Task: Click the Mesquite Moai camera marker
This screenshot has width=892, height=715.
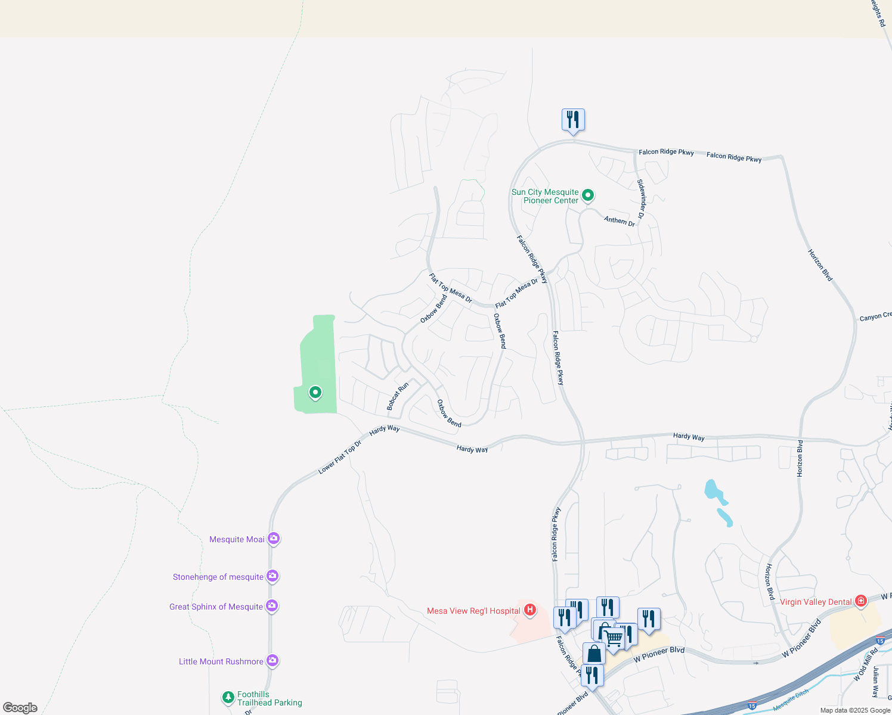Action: [274, 539]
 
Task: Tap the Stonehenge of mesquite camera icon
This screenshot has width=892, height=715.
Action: [272, 576]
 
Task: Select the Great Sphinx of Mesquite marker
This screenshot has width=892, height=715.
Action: [272, 606]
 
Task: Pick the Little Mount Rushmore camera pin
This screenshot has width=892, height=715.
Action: [272, 661]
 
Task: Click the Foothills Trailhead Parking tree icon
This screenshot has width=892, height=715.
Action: [228, 697]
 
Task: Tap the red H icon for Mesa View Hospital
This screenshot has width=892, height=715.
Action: [529, 610]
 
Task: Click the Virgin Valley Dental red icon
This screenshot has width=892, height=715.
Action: [860, 601]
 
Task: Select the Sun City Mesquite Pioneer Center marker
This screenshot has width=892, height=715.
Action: [587, 195]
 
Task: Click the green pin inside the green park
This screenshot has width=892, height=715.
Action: [315, 393]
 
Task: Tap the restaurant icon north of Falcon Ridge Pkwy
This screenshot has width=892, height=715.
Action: [573, 120]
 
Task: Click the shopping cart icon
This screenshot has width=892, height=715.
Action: [614, 638]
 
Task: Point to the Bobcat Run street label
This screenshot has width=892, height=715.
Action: [398, 396]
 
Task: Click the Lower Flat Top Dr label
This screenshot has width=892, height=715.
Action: [340, 458]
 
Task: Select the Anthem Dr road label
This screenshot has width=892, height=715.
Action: [620, 220]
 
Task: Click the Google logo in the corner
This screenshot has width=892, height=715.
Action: [20, 707]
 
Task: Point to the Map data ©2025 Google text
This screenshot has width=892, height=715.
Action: [855, 710]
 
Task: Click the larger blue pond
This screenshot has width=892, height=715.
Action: [713, 492]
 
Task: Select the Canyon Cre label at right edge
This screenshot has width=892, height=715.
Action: [875, 316]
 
